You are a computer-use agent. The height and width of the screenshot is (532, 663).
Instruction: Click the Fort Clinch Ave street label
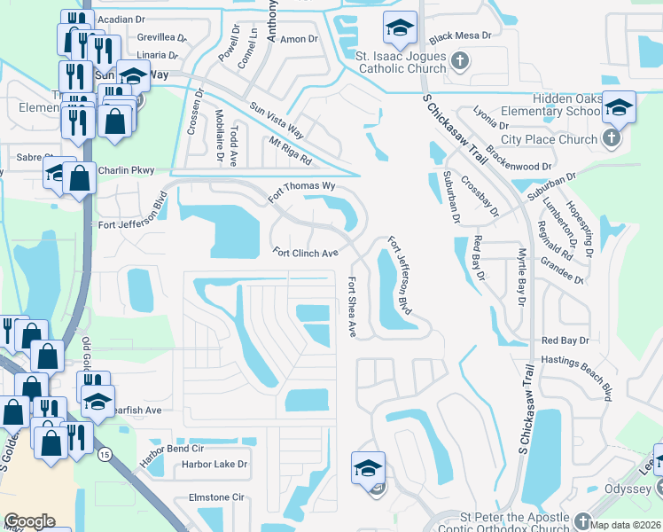coord(306,253)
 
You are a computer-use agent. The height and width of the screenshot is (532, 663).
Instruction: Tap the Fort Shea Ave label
coord(352,307)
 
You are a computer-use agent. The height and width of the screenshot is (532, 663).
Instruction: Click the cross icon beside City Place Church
coord(611,139)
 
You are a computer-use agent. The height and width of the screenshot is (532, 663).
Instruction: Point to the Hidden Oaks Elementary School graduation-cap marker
coord(618,107)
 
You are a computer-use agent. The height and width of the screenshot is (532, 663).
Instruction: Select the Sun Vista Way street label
coord(277,121)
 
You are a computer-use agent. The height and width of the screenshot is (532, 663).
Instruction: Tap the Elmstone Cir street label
coord(213,497)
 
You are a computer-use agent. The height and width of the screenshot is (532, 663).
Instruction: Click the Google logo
coord(29,521)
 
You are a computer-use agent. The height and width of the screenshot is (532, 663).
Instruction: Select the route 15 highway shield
coord(105,455)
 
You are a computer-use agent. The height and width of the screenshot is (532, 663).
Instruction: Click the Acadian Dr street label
coord(121,19)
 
